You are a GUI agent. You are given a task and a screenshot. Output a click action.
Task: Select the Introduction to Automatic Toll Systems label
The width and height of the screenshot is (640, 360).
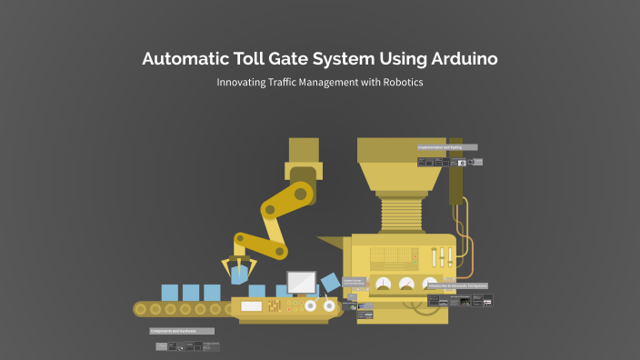[457, 285]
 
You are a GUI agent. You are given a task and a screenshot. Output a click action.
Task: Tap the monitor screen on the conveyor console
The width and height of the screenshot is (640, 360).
[301, 281]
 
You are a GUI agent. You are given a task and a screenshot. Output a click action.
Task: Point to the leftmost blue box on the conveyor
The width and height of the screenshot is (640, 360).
[170, 293]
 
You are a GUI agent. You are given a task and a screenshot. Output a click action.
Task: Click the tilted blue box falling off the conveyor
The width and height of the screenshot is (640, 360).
[331, 284]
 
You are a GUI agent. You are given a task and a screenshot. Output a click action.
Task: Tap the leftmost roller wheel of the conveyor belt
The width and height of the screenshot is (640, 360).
[140, 309]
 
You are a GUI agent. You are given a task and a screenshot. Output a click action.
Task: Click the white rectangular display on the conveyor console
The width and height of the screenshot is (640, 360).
[252, 306]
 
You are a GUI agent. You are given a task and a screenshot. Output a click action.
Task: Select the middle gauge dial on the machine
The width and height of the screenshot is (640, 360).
[407, 285]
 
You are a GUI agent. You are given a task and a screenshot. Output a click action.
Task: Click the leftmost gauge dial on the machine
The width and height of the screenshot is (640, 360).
[383, 285]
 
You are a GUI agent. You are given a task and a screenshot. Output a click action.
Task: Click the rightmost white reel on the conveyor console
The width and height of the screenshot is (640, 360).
[328, 307]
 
